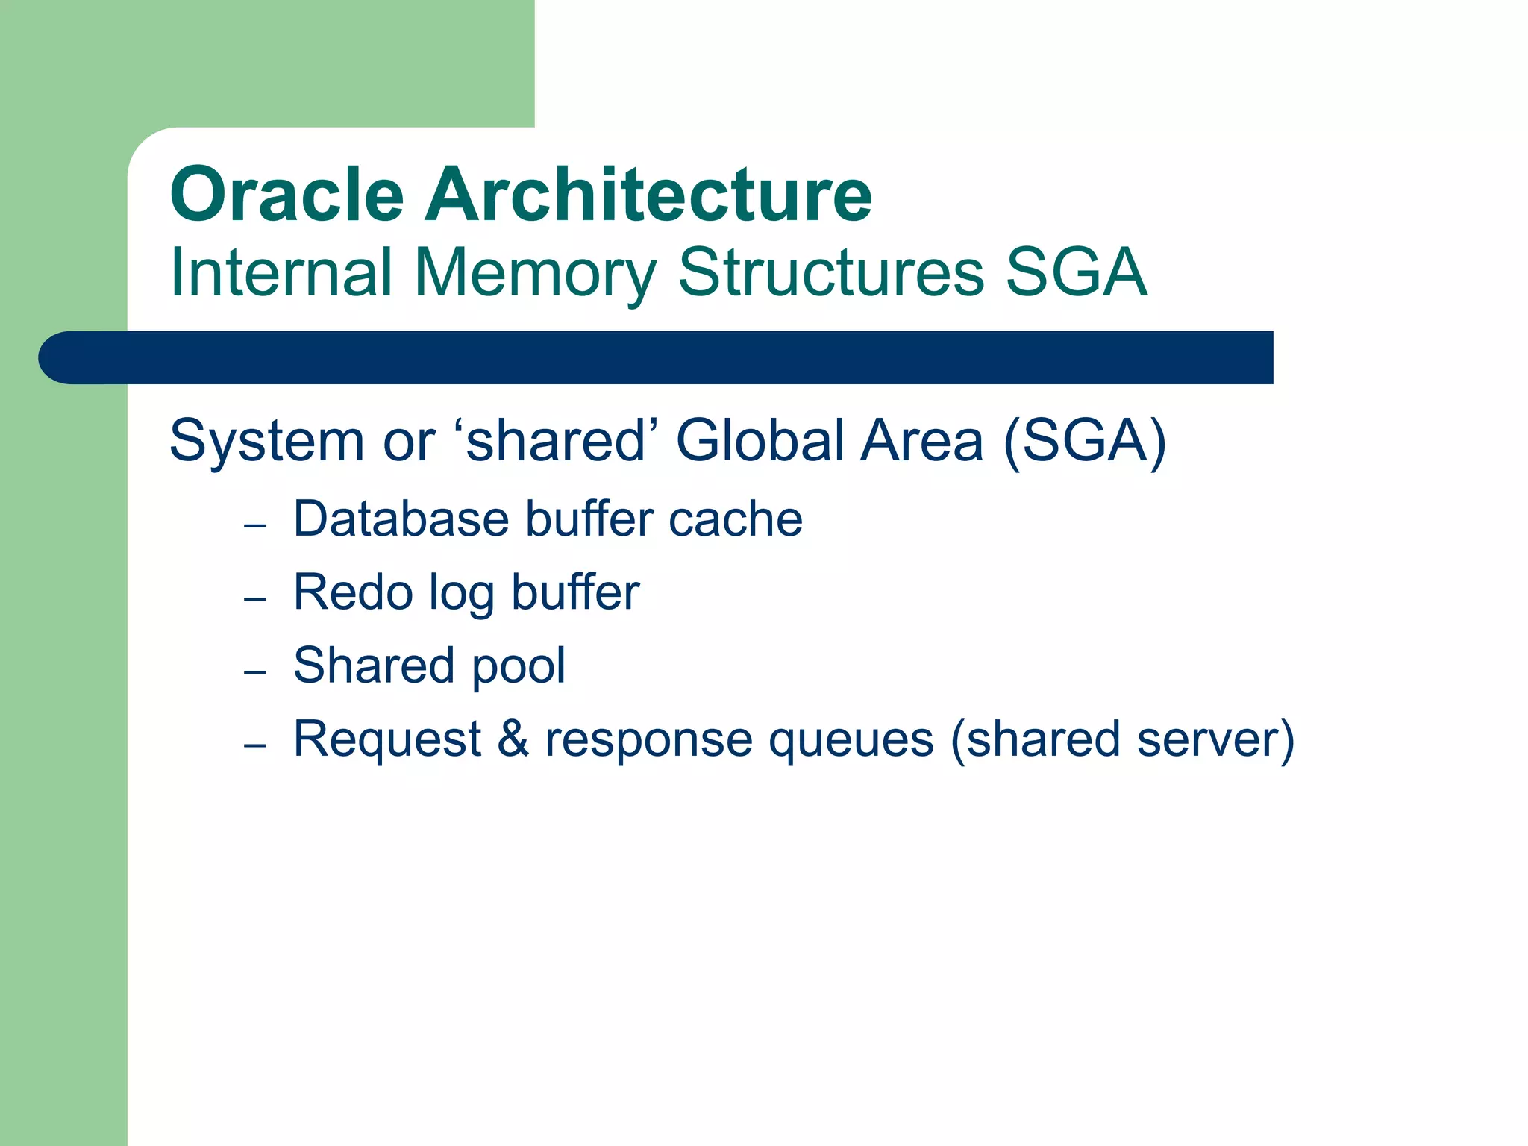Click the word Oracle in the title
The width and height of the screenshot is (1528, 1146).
point(286,195)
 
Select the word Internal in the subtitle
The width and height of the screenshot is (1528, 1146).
point(281,272)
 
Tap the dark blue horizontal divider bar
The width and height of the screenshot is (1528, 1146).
point(657,357)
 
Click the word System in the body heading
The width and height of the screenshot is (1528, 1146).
point(266,442)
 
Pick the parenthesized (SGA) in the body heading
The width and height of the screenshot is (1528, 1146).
point(1084,442)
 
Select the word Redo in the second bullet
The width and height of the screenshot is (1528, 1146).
point(352,592)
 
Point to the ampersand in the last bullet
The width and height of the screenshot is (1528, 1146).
point(513,739)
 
